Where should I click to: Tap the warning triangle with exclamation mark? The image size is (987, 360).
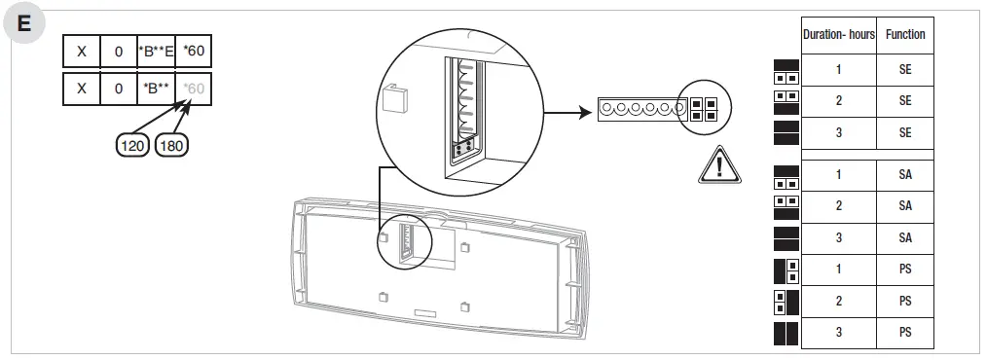[719, 165]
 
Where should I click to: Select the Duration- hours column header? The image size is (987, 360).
[838, 34]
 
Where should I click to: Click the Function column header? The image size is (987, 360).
[905, 34]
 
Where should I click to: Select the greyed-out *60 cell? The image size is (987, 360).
[195, 89]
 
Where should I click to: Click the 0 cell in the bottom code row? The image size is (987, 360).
[119, 89]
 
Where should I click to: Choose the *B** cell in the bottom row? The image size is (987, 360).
[157, 89]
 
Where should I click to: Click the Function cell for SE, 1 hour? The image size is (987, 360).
[905, 70]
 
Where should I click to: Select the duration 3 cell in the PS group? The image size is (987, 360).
[838, 333]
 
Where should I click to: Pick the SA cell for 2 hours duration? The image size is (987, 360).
[905, 206]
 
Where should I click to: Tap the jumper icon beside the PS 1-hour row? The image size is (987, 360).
[786, 270]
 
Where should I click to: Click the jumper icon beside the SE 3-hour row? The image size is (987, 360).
[786, 131]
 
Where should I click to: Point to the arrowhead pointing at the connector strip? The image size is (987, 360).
[587, 112]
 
